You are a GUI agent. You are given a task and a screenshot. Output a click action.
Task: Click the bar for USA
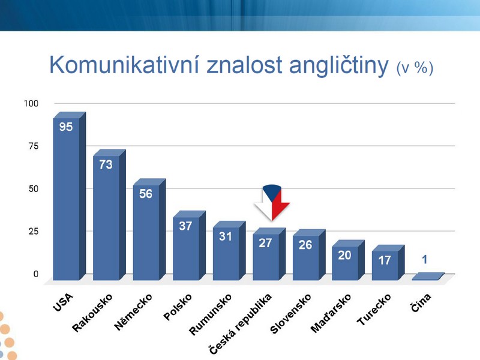[x=69, y=196]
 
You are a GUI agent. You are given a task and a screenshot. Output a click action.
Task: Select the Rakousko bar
[x=109, y=215]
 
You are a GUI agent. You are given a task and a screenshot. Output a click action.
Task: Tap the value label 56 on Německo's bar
[x=146, y=194]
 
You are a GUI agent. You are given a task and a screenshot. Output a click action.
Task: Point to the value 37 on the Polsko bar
[x=185, y=226]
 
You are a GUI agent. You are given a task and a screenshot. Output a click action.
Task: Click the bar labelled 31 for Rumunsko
[x=229, y=250]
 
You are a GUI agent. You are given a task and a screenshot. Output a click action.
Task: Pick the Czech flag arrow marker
[x=272, y=202]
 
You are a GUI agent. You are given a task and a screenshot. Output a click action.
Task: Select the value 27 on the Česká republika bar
[x=265, y=243]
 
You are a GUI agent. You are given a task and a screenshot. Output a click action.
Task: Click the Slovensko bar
[x=309, y=254]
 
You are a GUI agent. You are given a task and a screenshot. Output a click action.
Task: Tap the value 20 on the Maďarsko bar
[x=344, y=256]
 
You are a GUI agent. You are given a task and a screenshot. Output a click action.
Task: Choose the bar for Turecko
[x=388, y=263]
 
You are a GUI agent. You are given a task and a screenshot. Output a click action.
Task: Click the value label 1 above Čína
[x=424, y=260]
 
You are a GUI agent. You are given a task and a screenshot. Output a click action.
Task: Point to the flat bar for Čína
[x=428, y=276]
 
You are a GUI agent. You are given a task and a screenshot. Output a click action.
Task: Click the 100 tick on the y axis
[x=31, y=103]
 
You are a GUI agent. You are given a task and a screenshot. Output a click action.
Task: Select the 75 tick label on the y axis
[x=34, y=146]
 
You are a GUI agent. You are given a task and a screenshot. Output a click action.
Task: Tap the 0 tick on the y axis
[x=36, y=274]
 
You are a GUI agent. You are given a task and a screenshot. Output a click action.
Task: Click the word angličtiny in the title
[x=338, y=66]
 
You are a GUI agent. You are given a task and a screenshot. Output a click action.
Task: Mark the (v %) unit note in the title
[x=415, y=68]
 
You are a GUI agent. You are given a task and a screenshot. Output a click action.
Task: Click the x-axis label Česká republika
[x=240, y=324]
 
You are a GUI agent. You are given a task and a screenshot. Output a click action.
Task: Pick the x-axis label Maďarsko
[x=331, y=313]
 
